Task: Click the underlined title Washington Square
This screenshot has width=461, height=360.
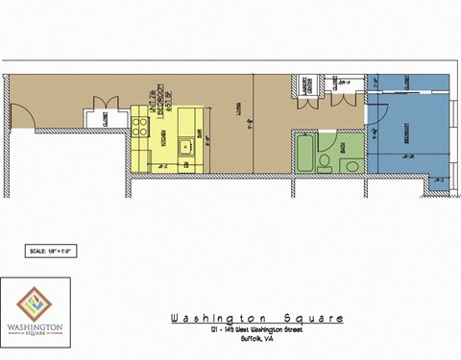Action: click(255, 318)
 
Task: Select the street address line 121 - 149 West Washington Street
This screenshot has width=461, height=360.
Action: click(255, 331)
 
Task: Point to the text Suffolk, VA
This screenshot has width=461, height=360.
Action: click(255, 340)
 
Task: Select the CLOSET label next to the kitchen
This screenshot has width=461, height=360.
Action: click(104, 120)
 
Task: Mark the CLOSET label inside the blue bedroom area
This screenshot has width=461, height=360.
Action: click(408, 84)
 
